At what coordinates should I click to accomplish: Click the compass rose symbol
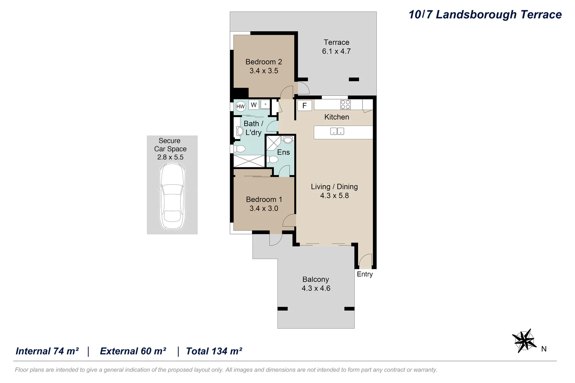point(524,341)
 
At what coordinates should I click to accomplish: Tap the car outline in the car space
point(172,196)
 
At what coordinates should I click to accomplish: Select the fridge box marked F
point(305,105)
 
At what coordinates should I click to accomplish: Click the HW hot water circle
point(241,106)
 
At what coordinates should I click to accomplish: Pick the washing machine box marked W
point(254,105)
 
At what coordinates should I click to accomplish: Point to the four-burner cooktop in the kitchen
point(345,105)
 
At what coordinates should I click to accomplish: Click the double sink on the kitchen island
point(337,131)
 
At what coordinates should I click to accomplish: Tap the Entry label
point(365,274)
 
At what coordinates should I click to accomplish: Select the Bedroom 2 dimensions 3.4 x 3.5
point(264,71)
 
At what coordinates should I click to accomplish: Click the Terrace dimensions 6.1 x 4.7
point(336,51)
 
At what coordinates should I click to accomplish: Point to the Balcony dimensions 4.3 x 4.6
point(316,288)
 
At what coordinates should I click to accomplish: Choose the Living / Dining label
point(334,187)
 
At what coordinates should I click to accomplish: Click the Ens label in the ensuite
point(283,152)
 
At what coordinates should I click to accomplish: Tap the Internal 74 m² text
point(47,351)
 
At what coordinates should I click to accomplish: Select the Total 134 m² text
point(214,351)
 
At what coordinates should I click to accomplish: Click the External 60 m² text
point(133,351)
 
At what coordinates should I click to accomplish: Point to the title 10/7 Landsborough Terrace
point(485,15)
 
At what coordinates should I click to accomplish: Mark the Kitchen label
point(336,117)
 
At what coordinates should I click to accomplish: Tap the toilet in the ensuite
point(273,160)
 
